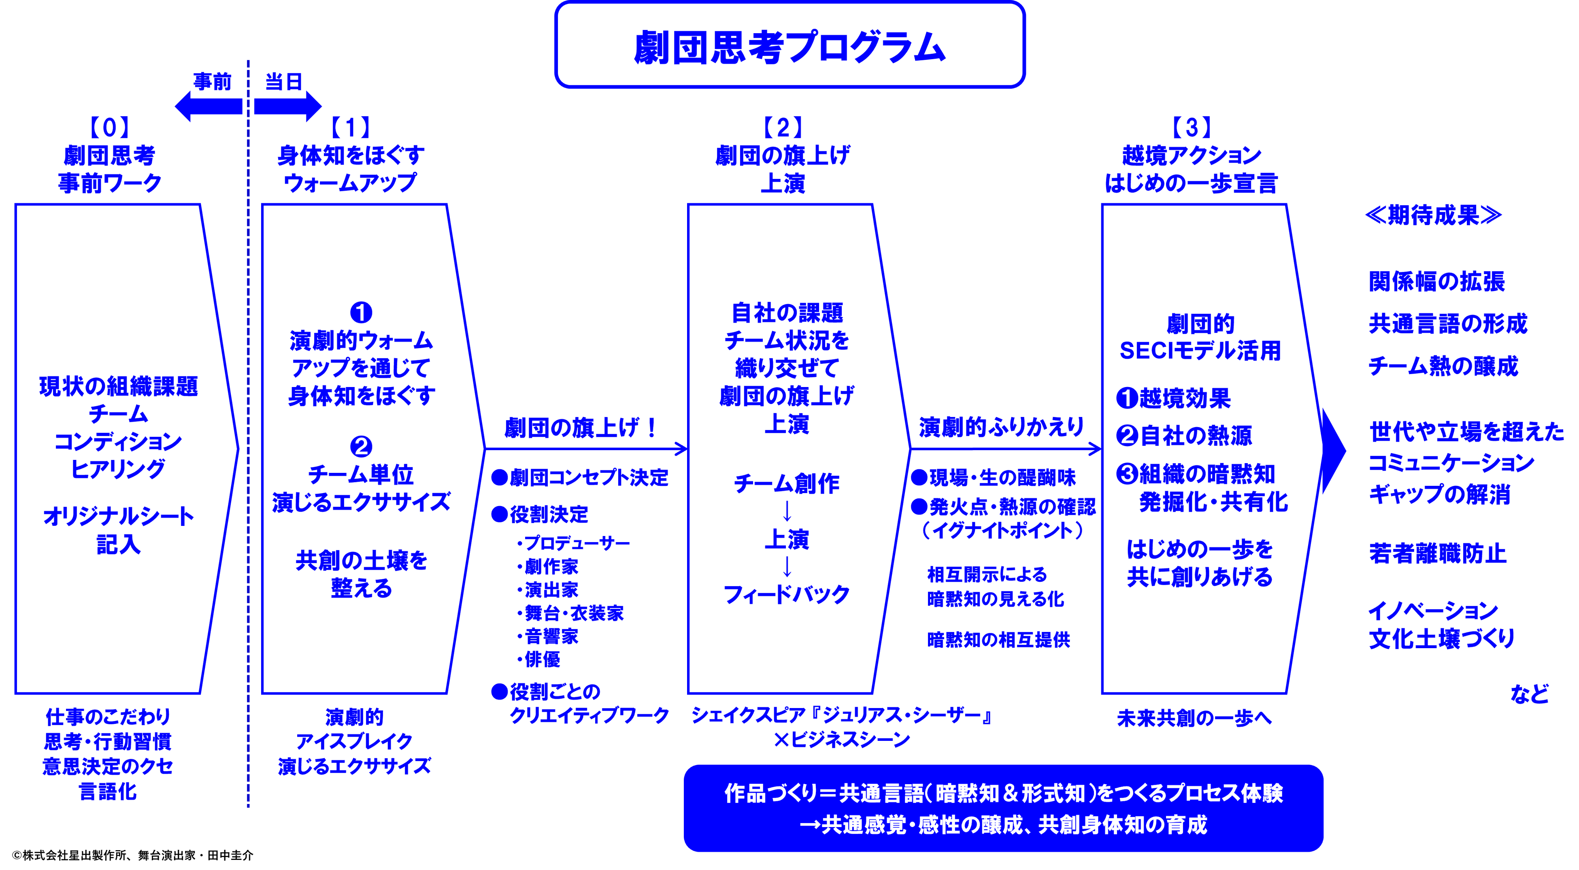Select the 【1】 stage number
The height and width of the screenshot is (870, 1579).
pyautogui.click(x=351, y=128)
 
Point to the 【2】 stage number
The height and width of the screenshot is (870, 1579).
pyautogui.click(x=783, y=128)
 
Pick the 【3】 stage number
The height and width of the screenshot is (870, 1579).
pyautogui.click(x=1191, y=128)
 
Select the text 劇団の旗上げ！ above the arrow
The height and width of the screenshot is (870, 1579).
pyautogui.click(x=580, y=428)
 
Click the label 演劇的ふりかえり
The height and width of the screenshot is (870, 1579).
pyautogui.click(x=1000, y=428)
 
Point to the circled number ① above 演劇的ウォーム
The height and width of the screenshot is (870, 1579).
pyautogui.click(x=361, y=313)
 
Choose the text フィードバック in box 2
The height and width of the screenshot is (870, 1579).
pyautogui.click(x=786, y=594)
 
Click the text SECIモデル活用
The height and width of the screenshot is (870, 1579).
pyautogui.click(x=1200, y=351)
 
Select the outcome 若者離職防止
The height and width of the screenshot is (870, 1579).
pyautogui.click(x=1437, y=554)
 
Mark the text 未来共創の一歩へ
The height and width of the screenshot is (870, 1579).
pyautogui.click(x=1194, y=718)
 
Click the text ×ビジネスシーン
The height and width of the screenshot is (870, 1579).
pyautogui.click(x=842, y=740)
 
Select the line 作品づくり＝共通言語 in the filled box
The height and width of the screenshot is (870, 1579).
pyautogui.click(x=1003, y=793)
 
